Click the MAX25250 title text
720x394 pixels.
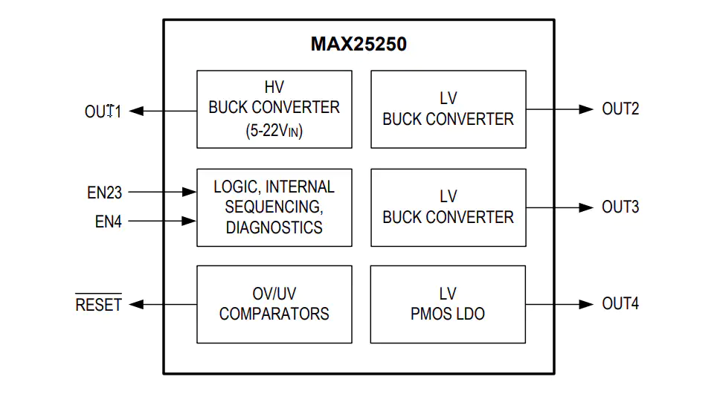(359, 44)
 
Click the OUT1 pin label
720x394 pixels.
(103, 112)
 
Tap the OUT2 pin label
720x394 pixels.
(620, 109)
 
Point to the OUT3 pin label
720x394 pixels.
(620, 207)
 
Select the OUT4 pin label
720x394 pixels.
(620, 303)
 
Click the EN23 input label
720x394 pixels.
(104, 193)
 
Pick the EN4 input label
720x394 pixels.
(109, 222)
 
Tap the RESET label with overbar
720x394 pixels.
(98, 303)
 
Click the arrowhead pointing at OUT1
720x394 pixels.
(136, 111)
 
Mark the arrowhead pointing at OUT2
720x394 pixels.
(586, 109)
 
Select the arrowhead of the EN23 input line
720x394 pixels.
(189, 193)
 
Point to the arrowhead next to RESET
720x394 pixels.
(136, 305)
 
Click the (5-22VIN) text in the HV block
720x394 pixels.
(274, 131)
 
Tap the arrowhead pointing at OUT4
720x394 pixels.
(586, 305)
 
